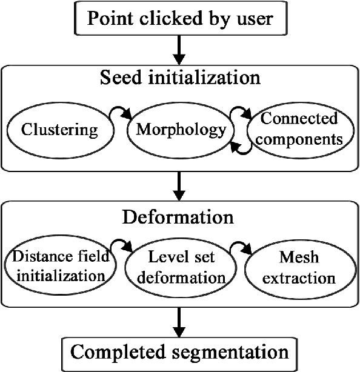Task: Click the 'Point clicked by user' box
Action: [179, 18]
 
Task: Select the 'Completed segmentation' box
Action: [179, 351]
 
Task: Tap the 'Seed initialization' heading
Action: [179, 79]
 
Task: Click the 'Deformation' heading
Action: [179, 216]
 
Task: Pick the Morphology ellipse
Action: [181, 130]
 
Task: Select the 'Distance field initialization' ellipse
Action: [59, 267]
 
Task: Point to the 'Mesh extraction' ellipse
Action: [298, 268]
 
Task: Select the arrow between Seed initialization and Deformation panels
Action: [179, 187]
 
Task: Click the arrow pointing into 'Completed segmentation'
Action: [179, 324]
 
